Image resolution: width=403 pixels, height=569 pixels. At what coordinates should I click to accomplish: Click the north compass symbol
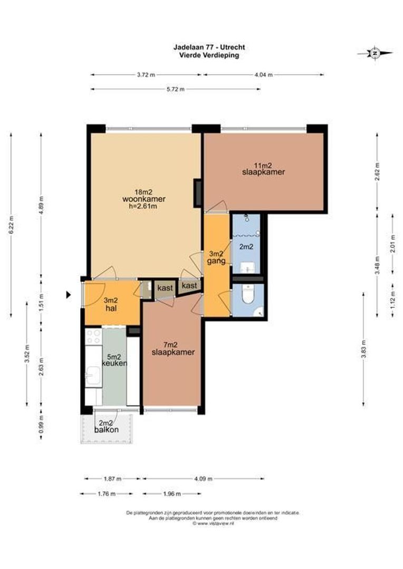coord(375,53)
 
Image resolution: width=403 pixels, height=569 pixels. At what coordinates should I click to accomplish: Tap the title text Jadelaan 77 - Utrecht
coord(209,47)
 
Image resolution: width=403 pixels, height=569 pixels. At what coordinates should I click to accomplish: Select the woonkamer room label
coord(144,199)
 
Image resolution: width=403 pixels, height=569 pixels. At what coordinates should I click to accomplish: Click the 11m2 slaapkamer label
coord(263,169)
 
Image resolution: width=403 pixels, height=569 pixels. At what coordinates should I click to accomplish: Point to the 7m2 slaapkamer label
coord(173,348)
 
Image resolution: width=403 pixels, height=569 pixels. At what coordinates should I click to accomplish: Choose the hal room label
coord(111,309)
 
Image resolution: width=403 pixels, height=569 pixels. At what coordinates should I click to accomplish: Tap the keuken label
coord(114,363)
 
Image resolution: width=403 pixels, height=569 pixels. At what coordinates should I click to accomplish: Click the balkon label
coord(107,430)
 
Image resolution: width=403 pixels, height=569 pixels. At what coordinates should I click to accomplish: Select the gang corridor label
coord(216,261)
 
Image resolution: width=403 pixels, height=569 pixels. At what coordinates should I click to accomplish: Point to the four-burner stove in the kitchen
coord(93,336)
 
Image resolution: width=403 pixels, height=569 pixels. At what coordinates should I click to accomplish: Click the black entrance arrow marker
coord(68,295)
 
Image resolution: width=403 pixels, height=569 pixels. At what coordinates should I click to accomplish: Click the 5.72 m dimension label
coord(176,89)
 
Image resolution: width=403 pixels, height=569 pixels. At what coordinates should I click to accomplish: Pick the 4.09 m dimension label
coord(203,478)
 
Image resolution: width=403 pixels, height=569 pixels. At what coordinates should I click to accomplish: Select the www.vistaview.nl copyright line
coord(213,523)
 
